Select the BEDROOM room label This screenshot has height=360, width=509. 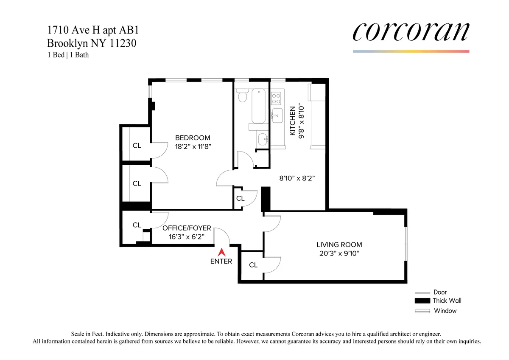pyautogui.click(x=193, y=138)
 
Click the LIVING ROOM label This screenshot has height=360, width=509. pyautogui.click(x=339, y=245)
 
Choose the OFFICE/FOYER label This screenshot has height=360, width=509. pyautogui.click(x=187, y=228)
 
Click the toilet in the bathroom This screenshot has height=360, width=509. pyautogui.click(x=242, y=96)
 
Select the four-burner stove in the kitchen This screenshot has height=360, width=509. pyautogui.click(x=276, y=98)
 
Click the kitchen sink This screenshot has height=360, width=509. pyautogui.click(x=277, y=115)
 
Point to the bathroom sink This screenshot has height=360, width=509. pyautogui.click(x=263, y=138)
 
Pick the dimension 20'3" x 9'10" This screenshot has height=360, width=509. pyautogui.click(x=339, y=254)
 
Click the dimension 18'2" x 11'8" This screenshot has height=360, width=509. pyautogui.click(x=193, y=146)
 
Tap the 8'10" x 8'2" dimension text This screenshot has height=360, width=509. pyautogui.click(x=296, y=179)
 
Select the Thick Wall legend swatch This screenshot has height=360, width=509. pyautogui.click(x=422, y=301)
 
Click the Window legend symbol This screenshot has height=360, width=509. pyautogui.click(x=422, y=311)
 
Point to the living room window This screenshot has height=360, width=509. pyautogui.click(x=406, y=242)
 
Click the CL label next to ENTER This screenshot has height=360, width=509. pyautogui.click(x=253, y=265)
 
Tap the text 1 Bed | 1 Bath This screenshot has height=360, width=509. pyautogui.click(x=68, y=55)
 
